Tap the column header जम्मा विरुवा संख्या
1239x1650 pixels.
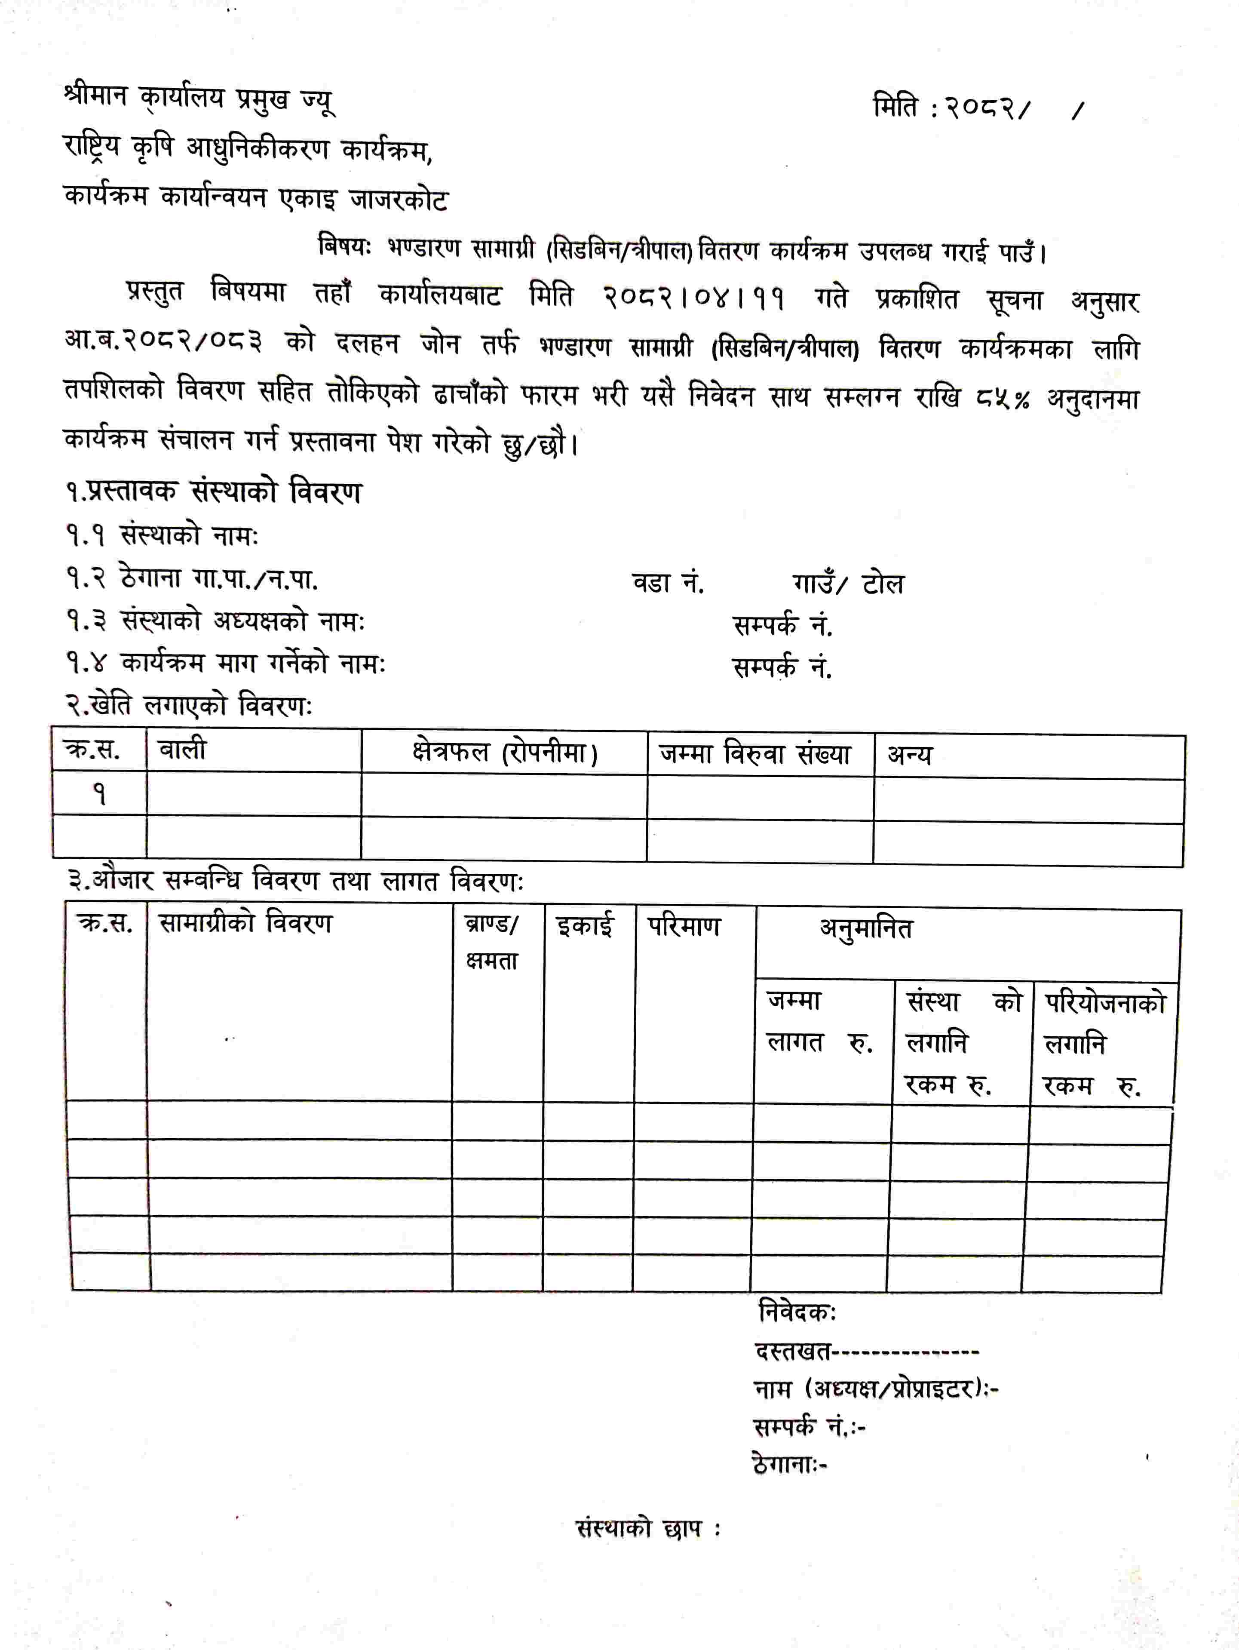pyautogui.click(x=755, y=755)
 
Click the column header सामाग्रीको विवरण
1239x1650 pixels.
pyautogui.click(x=245, y=923)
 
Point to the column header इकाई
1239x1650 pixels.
pyautogui.click(x=586, y=926)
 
